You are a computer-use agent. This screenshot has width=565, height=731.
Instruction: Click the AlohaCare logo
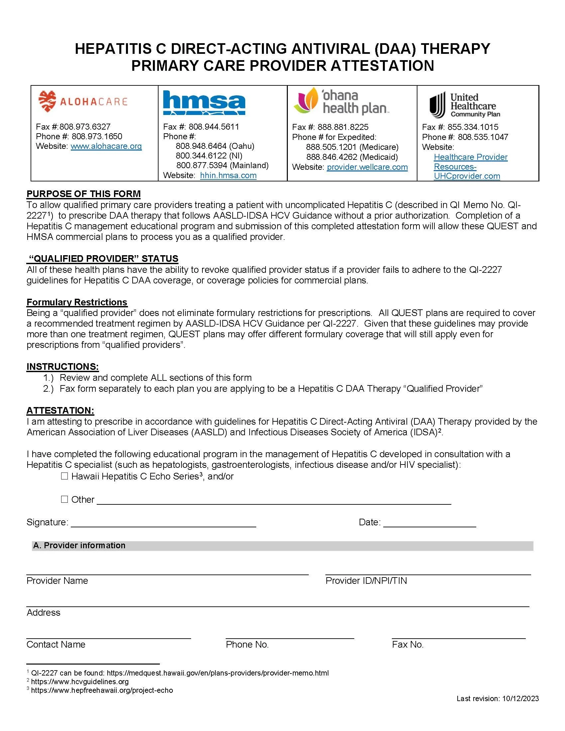(83, 101)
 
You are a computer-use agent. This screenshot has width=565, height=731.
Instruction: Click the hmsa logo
(204, 103)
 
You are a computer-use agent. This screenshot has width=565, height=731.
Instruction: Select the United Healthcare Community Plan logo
(465, 105)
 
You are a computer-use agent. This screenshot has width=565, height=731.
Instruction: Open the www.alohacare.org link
(106, 146)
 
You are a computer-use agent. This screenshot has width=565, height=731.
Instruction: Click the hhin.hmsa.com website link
(228, 175)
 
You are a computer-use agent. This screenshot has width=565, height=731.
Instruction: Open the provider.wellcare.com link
(367, 167)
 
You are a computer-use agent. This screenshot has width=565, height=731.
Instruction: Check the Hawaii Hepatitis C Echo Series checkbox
(64, 476)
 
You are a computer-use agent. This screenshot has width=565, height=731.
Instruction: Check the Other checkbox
(64, 499)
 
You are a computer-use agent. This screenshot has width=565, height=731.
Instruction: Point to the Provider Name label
(57, 581)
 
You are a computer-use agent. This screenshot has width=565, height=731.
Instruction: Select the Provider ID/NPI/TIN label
(366, 581)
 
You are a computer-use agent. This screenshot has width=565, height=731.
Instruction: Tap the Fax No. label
(408, 645)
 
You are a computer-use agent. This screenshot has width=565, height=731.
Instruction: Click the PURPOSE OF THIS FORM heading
(84, 194)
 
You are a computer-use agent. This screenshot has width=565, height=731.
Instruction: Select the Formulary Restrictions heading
(77, 302)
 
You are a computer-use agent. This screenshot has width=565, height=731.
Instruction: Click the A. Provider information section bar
(282, 546)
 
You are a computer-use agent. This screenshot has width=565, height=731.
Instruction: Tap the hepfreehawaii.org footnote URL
(102, 690)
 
